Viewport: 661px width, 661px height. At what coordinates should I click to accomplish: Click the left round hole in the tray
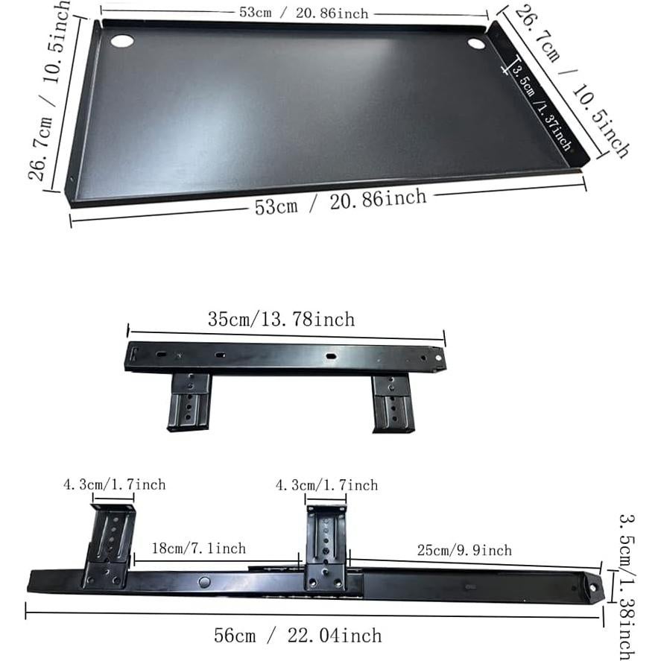122,40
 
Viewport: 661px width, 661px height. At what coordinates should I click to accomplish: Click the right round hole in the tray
476,44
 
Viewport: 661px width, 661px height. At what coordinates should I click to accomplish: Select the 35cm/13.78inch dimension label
281,320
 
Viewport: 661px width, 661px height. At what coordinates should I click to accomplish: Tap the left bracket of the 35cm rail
189,402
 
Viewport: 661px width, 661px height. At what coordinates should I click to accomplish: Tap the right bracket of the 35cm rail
392,403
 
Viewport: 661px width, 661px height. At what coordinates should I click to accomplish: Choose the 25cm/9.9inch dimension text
464,550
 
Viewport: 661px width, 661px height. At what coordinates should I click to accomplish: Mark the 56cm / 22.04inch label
297,636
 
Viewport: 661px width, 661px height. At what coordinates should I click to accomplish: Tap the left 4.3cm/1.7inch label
114,484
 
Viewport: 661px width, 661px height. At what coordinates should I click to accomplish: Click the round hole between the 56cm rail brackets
204,581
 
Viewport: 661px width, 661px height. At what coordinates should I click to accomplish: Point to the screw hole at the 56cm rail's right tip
592,586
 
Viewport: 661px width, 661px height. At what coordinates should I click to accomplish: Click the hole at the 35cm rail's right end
438,358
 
